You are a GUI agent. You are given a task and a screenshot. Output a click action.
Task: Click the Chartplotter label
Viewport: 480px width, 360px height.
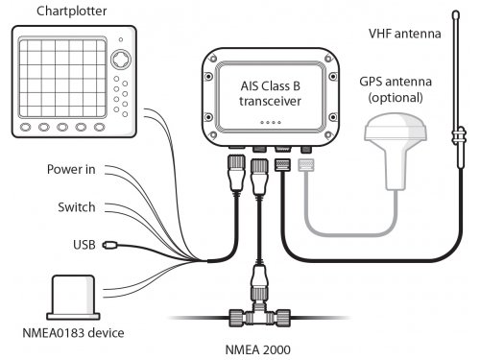[72, 12]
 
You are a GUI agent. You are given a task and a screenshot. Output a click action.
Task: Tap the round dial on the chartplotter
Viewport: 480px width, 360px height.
[121, 60]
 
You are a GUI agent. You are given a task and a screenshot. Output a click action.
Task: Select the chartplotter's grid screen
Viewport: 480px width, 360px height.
[62, 78]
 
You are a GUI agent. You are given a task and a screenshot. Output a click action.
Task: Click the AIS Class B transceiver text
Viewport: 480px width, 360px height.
[271, 93]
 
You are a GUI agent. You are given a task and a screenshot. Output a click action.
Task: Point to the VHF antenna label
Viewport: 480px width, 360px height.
[404, 34]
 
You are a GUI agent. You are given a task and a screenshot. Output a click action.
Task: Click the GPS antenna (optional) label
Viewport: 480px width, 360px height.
[396, 89]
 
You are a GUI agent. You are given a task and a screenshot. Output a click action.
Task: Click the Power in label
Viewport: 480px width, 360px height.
[71, 169]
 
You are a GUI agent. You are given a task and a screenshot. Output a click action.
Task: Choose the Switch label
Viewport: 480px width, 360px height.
[77, 207]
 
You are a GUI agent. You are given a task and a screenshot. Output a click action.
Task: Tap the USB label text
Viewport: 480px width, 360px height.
[84, 245]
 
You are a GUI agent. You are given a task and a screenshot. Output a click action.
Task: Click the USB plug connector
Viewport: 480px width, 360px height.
[109, 245]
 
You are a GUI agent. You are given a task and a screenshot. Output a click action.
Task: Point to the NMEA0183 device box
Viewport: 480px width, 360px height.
[73, 297]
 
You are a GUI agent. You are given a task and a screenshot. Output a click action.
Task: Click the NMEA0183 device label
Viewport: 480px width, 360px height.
[73, 333]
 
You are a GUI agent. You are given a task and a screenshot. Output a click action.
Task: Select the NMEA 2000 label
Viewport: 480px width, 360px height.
[258, 349]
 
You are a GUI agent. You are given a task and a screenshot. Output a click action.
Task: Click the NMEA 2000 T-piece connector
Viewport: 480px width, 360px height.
[259, 316]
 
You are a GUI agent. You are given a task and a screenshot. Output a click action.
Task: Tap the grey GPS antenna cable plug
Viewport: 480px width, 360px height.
[306, 165]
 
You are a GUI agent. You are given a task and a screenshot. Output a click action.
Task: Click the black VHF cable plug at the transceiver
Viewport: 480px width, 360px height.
[282, 165]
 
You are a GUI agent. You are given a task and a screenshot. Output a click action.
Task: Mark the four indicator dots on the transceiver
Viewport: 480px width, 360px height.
[271, 122]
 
